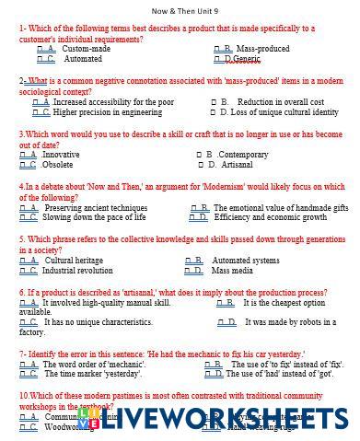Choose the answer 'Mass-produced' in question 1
[262, 49]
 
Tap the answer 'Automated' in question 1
[83, 59]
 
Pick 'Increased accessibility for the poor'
[113, 102]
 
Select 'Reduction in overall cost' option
[280, 102]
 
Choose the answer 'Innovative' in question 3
[61, 155]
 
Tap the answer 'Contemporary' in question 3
[243, 155]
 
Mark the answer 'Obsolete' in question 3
[58, 165]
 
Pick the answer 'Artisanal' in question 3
[236, 165]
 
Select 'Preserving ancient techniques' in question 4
[96, 208]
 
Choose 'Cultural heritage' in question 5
[74, 261]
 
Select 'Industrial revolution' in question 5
[77, 271]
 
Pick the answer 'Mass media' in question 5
[232, 271]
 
